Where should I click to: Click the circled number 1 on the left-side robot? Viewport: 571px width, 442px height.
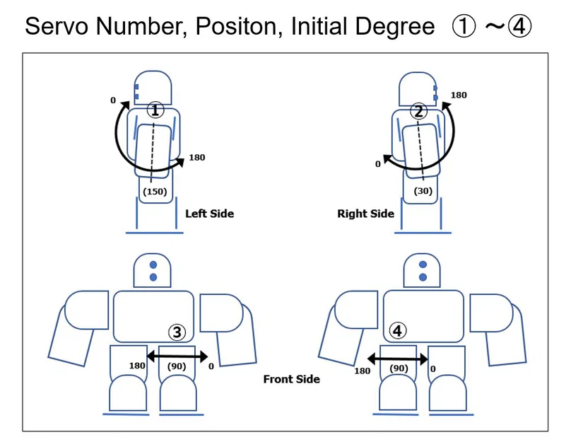click(x=155, y=110)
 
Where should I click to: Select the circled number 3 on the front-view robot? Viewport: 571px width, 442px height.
click(x=177, y=331)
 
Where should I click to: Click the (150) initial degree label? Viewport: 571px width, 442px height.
click(x=154, y=191)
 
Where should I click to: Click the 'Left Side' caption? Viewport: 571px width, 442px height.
click(x=209, y=213)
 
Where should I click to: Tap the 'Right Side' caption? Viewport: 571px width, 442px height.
click(x=365, y=214)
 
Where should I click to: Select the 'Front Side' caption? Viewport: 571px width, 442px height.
click(x=291, y=379)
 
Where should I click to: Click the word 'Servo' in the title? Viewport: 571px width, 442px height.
click(x=58, y=27)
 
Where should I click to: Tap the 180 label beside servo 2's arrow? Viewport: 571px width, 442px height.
click(x=459, y=95)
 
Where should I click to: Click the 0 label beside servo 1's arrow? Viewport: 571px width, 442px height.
click(x=113, y=100)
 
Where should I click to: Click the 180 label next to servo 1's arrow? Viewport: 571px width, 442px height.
click(x=197, y=157)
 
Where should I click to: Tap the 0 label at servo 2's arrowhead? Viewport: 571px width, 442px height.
click(x=377, y=163)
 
